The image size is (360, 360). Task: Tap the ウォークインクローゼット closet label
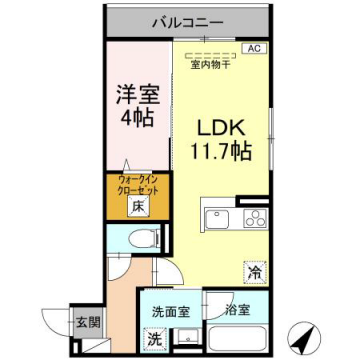pos(130,186)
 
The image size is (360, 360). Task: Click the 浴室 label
pos(238,311)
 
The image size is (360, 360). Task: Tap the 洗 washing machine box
pos(155,338)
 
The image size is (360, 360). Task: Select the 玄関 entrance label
pos(86,322)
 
